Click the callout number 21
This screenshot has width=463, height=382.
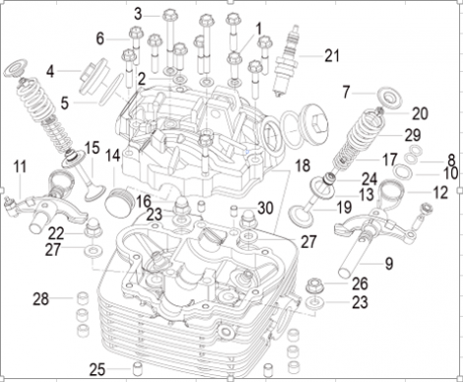(x=331, y=54)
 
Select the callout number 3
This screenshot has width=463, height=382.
(x=139, y=14)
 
